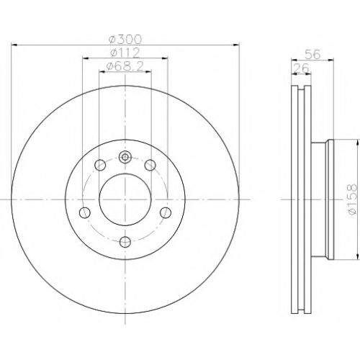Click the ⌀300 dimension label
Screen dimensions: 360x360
point(125,39)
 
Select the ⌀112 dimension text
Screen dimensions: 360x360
point(125,53)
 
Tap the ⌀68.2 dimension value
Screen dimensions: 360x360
point(125,66)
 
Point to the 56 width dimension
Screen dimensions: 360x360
point(313,55)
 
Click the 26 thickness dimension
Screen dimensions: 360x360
point(302,68)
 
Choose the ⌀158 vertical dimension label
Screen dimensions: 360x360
point(352,199)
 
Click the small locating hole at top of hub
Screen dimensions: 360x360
point(125,158)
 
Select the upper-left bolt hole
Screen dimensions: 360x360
point(100,165)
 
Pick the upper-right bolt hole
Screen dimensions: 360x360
point(150,165)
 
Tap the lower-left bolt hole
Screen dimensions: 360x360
point(85,212)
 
